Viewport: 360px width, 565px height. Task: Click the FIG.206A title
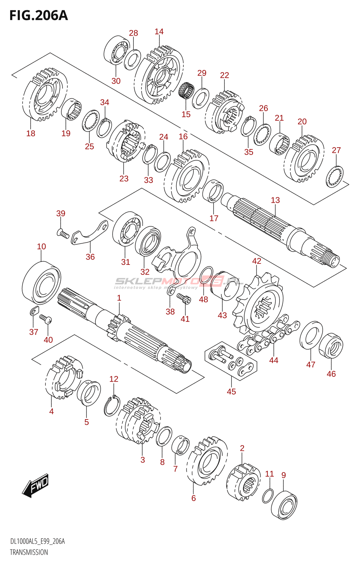tap(38, 16)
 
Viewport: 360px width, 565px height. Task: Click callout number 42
tap(257, 261)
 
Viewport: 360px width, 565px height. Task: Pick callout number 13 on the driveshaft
tap(275, 200)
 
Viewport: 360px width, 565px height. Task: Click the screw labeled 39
tap(63, 233)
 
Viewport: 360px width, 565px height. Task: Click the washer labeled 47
tap(311, 335)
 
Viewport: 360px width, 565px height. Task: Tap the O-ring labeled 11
tap(268, 495)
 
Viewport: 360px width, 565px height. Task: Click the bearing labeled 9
tap(284, 505)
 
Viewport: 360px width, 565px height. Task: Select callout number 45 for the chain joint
tap(231, 392)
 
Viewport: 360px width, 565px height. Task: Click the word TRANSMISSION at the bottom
tap(29, 552)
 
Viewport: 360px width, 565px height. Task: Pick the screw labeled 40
tap(46, 319)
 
